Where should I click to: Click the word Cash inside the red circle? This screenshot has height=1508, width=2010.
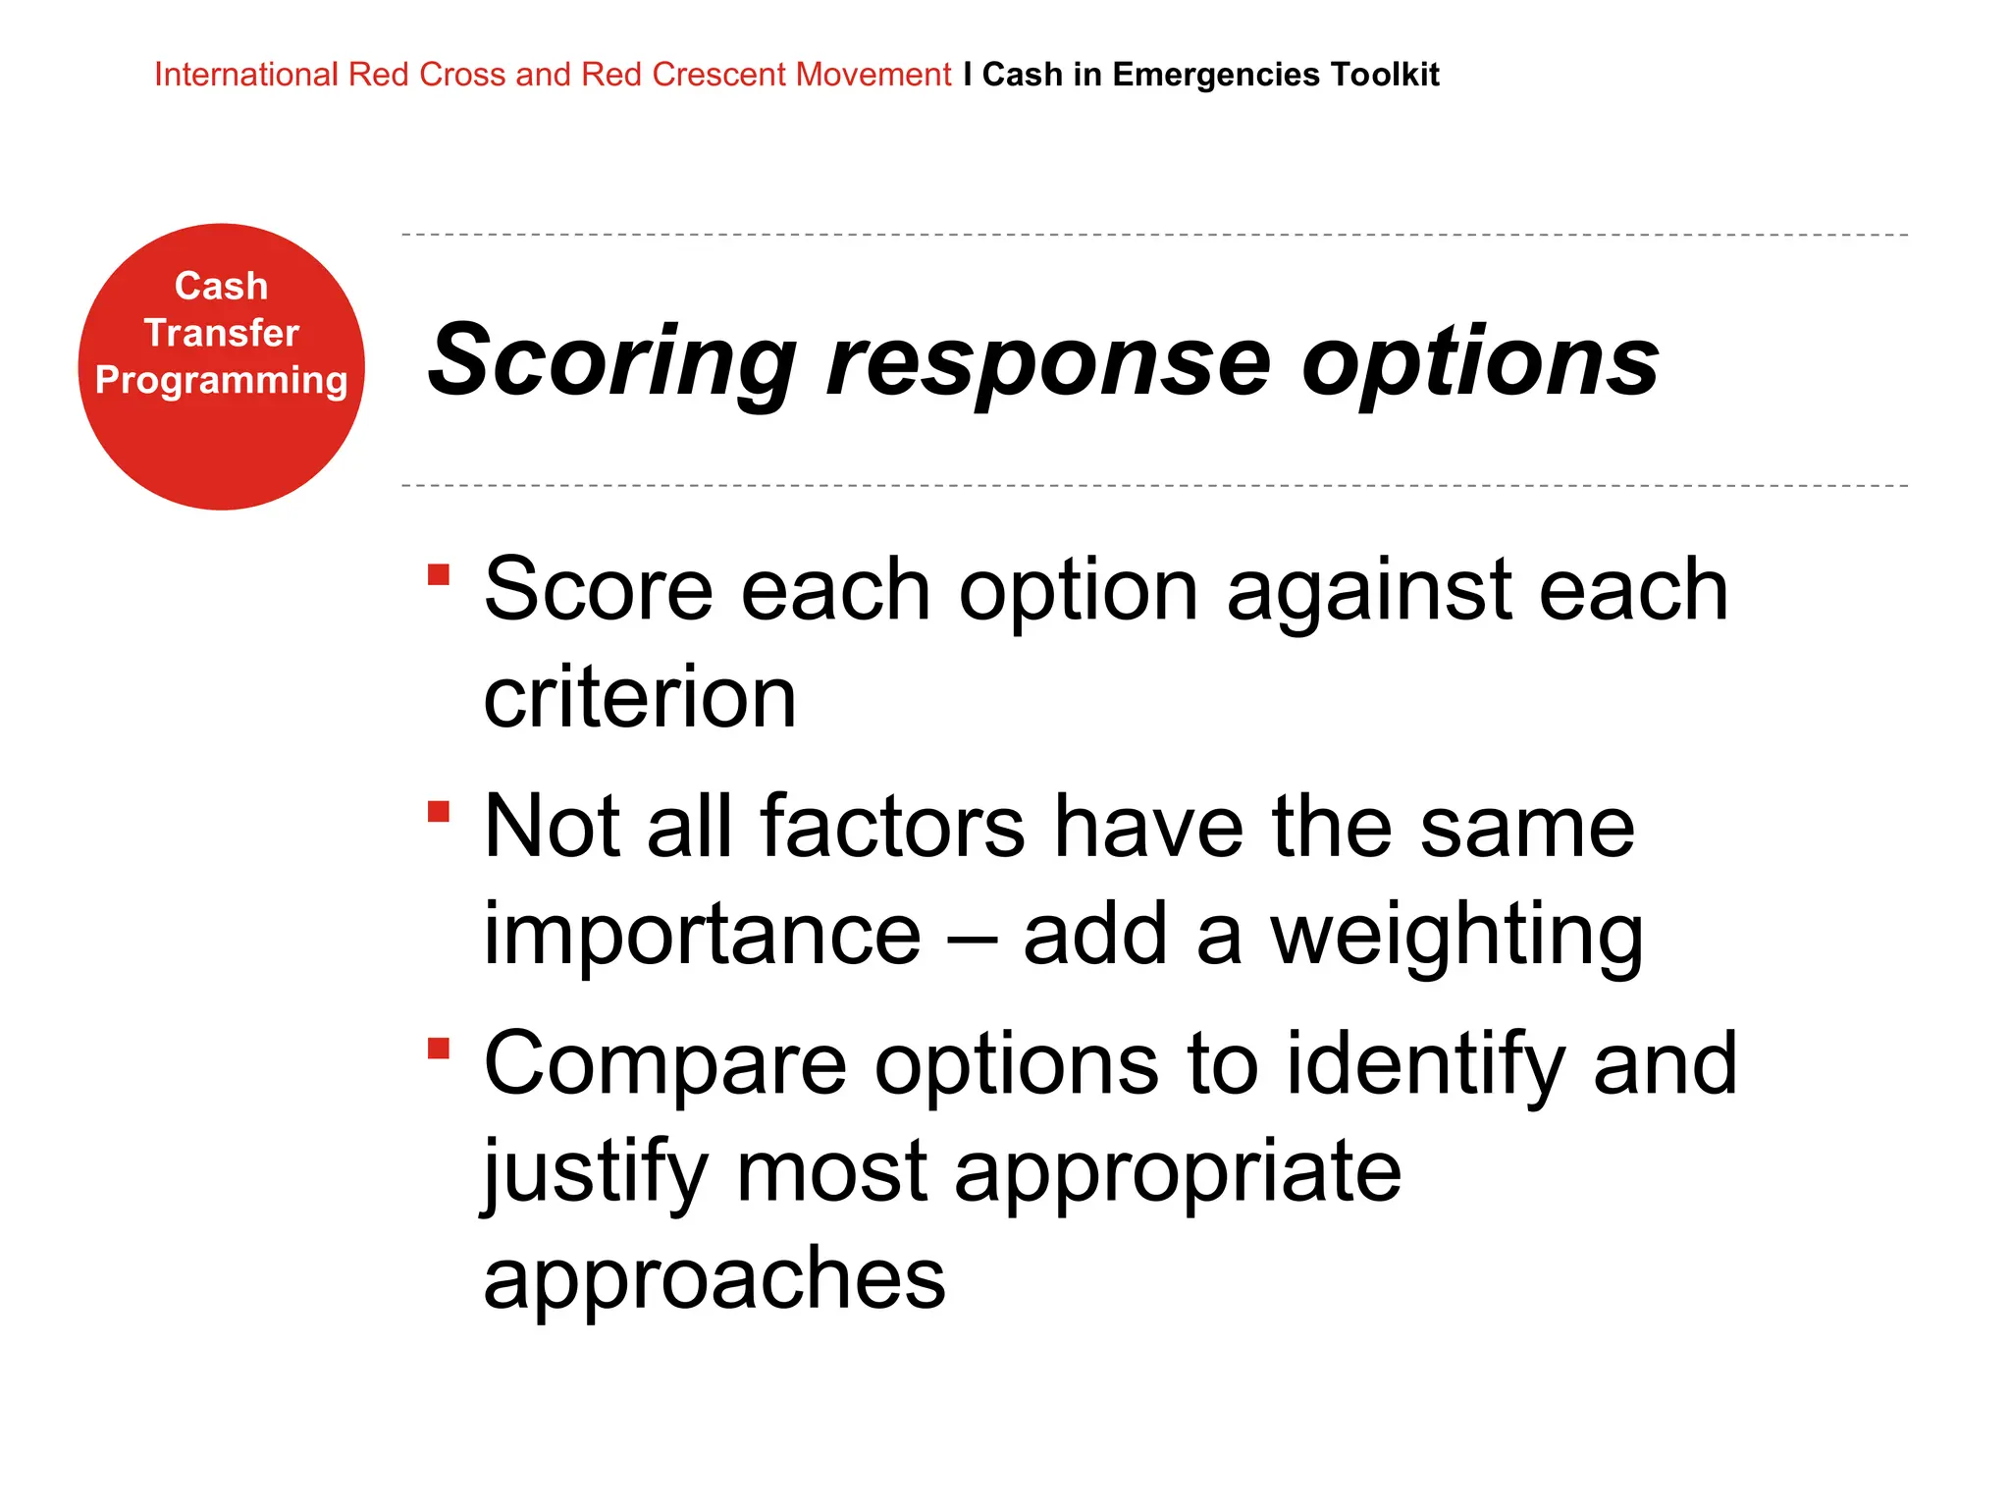221,286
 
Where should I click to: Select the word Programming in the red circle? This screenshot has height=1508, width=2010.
221,380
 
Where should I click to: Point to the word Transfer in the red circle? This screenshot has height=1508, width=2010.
221,333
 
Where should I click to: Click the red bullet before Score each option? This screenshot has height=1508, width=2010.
439,574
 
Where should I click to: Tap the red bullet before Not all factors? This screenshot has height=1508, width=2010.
439,812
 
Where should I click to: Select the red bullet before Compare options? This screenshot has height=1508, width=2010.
439,1050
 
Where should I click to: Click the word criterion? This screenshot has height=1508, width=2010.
640,697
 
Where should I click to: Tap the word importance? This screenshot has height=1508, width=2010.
703,935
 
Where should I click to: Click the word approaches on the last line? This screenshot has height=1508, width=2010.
714,1278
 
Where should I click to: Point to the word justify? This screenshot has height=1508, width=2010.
596,1172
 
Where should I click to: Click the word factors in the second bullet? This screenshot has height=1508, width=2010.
893,827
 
